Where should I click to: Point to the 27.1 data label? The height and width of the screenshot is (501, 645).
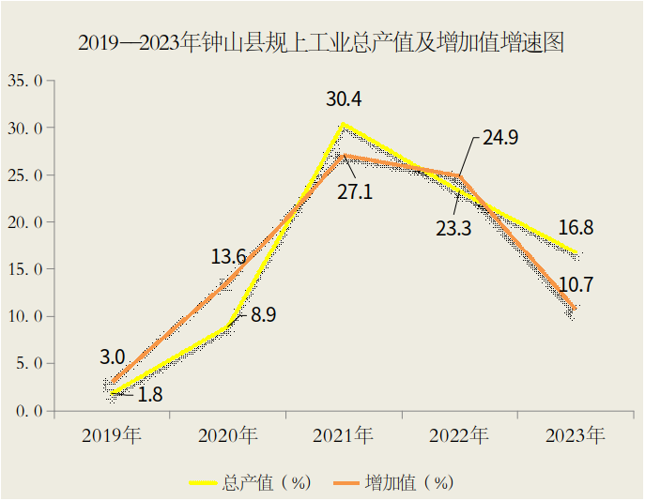pyautogui.click(x=355, y=192)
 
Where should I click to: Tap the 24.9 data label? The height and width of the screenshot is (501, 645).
pyautogui.click(x=500, y=137)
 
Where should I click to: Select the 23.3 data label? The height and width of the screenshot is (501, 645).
pyautogui.click(x=453, y=227)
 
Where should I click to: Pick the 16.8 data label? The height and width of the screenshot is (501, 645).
pyautogui.click(x=575, y=228)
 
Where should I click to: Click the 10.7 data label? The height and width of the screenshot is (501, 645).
pyautogui.click(x=576, y=284)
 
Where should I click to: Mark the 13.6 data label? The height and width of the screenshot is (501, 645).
pyautogui.click(x=229, y=257)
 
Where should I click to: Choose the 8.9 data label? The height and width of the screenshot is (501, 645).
pyautogui.click(x=263, y=316)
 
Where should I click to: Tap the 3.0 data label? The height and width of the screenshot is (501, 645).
pyautogui.click(x=113, y=357)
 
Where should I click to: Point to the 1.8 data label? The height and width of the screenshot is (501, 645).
pyautogui.click(x=150, y=395)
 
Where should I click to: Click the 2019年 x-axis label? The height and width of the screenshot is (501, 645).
pyautogui.click(x=112, y=435)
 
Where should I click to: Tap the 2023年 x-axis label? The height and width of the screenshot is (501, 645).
pyautogui.click(x=575, y=435)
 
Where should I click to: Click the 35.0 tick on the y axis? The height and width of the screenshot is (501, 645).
pyautogui.click(x=26, y=81)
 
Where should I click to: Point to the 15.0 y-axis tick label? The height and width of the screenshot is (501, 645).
pyautogui.click(x=26, y=269)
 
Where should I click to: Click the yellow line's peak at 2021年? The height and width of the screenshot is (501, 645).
pyautogui.click(x=344, y=124)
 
